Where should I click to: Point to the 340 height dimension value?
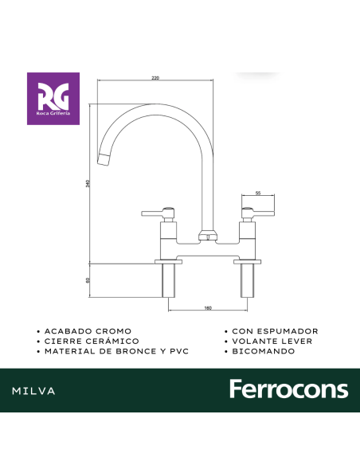[88, 184]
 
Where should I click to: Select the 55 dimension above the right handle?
[258, 193]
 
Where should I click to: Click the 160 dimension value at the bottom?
[207, 307]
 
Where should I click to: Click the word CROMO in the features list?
[112, 330]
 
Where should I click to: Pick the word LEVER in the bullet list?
[296, 341]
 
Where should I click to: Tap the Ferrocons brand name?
[288, 389]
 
